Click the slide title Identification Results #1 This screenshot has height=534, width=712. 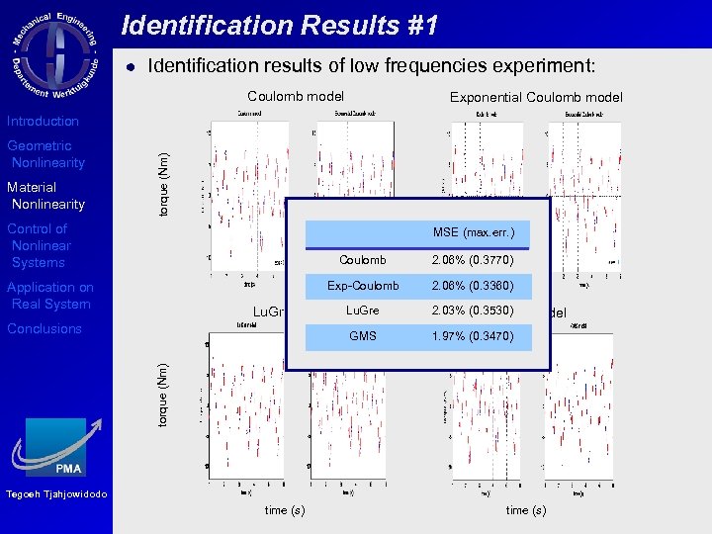(280, 26)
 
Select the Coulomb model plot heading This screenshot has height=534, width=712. (296, 96)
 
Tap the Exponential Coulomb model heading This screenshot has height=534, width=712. (536, 97)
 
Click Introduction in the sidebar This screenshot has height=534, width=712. (43, 121)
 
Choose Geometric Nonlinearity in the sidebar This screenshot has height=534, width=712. (45, 154)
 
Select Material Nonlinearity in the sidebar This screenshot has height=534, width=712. (45, 196)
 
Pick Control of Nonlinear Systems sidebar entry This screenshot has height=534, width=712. (40, 245)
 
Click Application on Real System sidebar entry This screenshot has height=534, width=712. (49, 296)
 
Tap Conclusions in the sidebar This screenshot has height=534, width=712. (44, 328)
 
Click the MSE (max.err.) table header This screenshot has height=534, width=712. (474, 232)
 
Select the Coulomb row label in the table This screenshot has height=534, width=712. (363, 260)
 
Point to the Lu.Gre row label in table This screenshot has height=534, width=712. (363, 311)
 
